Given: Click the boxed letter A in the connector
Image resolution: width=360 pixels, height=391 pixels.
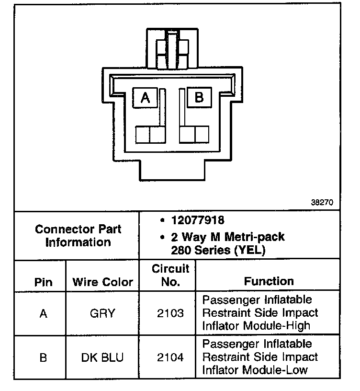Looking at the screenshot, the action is coord(146,98).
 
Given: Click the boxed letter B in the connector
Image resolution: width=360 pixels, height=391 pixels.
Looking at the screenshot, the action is coord(199,97).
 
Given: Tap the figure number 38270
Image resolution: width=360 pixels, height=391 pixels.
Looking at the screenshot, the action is coord(322,203).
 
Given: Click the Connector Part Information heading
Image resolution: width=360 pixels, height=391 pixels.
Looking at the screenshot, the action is coord(78,235).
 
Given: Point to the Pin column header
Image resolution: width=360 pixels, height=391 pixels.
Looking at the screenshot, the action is coord(43,281).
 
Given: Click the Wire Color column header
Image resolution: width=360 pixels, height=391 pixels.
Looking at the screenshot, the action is coord(103,281).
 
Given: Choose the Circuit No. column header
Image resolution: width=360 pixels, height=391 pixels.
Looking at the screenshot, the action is coord(170,275).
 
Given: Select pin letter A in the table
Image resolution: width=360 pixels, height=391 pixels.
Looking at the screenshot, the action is coord(43,314).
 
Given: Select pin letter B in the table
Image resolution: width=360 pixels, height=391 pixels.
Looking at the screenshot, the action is coord(43,358).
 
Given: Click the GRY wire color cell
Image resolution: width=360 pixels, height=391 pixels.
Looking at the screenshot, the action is coord(102,314).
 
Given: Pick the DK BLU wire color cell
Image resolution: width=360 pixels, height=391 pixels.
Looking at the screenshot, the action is coord(102,358).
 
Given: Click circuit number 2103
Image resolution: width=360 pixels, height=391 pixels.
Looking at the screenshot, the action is coord(170,314).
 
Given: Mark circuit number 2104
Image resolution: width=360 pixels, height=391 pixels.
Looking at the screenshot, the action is coord(170,358).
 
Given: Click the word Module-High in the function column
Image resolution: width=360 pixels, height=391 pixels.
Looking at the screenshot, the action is coord(283,326).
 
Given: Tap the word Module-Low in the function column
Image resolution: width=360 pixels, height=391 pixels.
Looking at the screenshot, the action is coord(282,370).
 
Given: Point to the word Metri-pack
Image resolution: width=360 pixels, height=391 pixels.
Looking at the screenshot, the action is coord(257,237).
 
